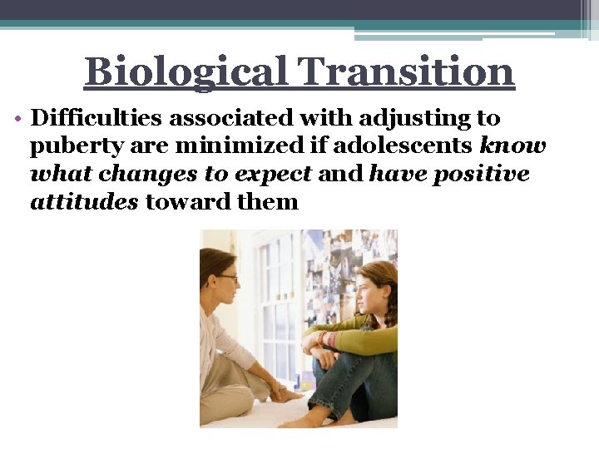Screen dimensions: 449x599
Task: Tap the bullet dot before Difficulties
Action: coord(17,119)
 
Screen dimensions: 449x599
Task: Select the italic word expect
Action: coord(272,174)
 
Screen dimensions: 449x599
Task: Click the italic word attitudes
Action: coord(84,201)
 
